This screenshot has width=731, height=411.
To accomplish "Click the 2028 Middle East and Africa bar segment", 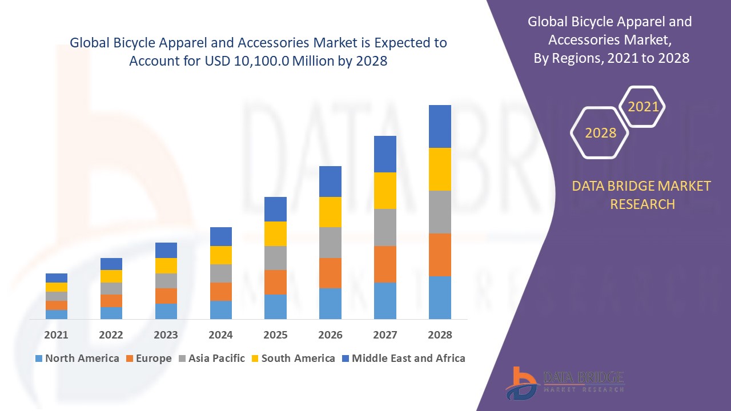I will (440, 126).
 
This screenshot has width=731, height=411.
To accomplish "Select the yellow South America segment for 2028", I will (440, 169).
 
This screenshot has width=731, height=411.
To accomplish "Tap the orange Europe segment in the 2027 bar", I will (385, 264).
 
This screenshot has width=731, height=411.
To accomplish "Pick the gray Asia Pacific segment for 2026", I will (330, 243).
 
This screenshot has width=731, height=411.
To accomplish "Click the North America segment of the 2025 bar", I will (275, 307).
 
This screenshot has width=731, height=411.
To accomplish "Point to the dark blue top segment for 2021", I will (57, 278).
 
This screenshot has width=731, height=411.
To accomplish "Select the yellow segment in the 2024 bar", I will (221, 255).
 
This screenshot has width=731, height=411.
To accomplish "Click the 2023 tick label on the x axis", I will (166, 335).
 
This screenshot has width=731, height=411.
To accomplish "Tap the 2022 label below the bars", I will (111, 335).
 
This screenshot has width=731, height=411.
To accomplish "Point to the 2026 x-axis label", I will (330, 335).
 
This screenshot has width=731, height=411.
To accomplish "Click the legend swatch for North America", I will (39, 358).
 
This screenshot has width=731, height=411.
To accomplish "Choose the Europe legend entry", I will (148, 358).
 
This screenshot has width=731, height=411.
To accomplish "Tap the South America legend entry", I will (293, 358).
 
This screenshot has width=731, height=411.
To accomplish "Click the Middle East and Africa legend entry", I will (403, 358).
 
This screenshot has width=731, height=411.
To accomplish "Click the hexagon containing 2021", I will (643, 107).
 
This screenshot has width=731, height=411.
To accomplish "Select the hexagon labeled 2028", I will (600, 133).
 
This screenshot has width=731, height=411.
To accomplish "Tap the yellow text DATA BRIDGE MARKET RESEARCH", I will (642, 195).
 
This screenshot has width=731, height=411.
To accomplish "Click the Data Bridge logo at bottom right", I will (564, 382).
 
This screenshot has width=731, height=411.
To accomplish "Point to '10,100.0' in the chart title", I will (262, 61).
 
